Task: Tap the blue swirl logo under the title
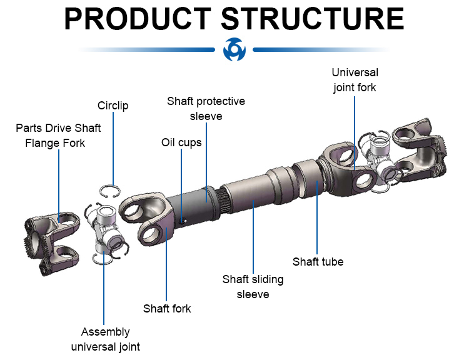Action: (x=234, y=49)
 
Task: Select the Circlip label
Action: (x=113, y=106)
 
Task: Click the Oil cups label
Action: (x=181, y=142)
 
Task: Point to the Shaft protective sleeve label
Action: (x=206, y=109)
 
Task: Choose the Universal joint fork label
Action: (x=355, y=80)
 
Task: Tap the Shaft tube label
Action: (x=318, y=262)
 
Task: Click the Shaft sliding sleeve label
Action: (x=253, y=286)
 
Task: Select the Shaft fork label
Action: (x=167, y=308)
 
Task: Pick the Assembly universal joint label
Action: (x=105, y=339)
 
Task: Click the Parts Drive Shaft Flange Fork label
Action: (x=59, y=135)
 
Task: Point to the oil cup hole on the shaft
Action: (x=182, y=219)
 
